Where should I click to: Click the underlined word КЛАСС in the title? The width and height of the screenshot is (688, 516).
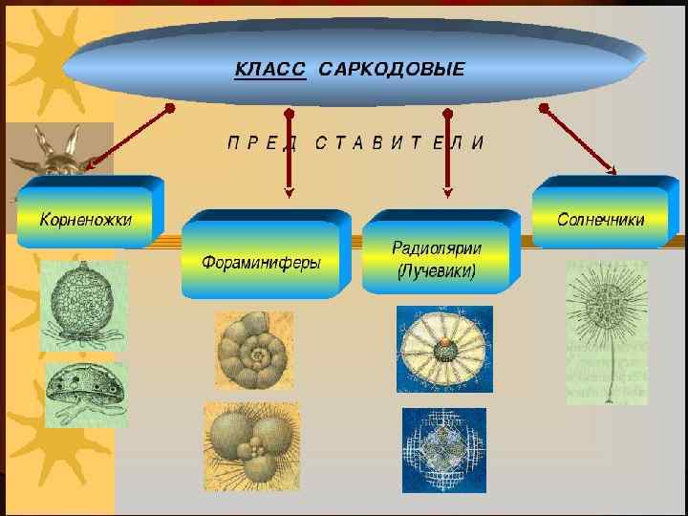coord(270,70)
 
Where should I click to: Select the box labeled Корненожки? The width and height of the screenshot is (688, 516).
coord(86,220)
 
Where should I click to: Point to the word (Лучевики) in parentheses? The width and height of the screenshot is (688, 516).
coord(437,270)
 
